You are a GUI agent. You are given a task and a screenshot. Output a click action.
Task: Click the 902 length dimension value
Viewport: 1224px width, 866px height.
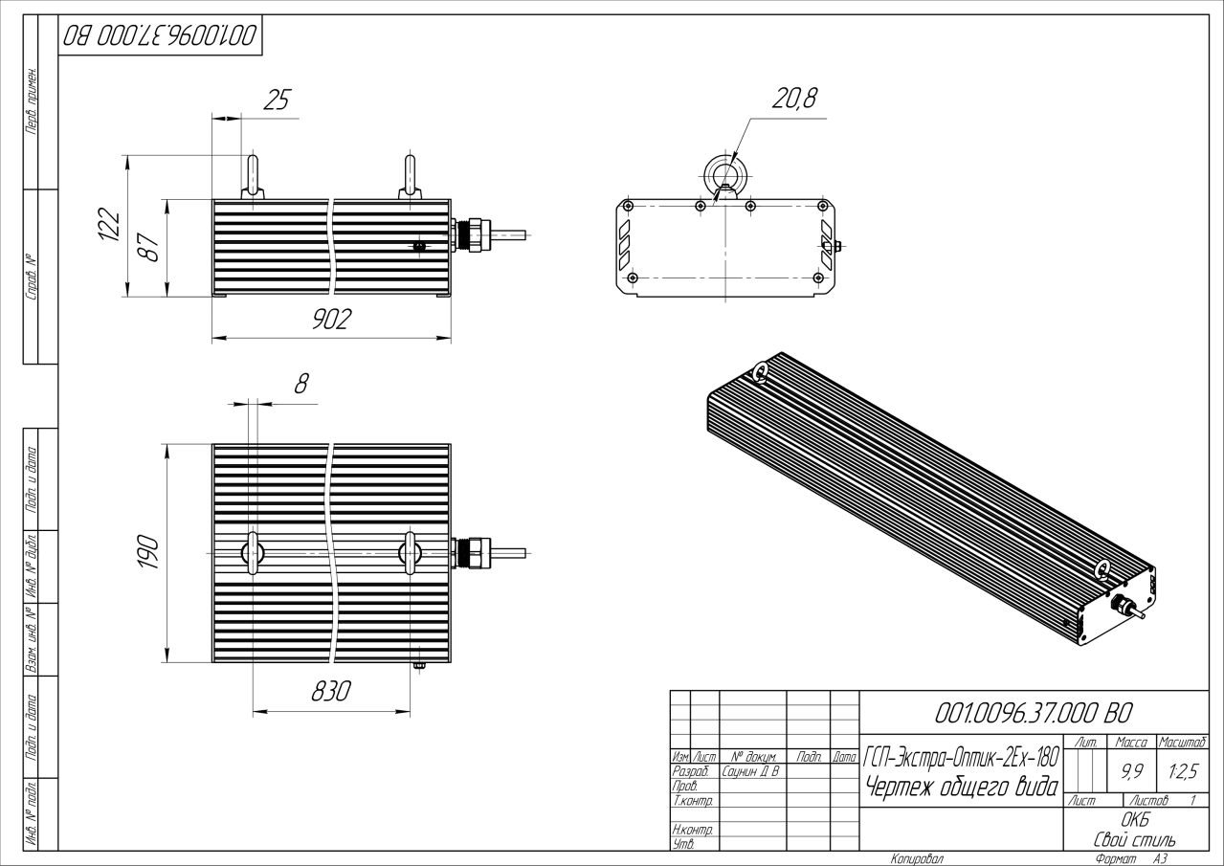[x=331, y=320]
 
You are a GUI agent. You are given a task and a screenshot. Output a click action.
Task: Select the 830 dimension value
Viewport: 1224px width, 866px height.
[x=331, y=692]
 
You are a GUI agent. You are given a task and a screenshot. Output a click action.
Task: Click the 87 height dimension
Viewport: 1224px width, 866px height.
[x=149, y=248]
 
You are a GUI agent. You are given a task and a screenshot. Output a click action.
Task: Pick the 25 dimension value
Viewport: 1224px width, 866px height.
[x=276, y=100]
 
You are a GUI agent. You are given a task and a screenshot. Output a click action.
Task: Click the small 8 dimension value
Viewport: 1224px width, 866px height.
[x=301, y=385]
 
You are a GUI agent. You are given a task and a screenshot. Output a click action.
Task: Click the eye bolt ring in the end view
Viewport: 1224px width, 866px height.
[x=724, y=173]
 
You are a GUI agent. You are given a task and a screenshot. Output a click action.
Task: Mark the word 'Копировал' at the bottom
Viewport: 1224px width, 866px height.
[x=916, y=859]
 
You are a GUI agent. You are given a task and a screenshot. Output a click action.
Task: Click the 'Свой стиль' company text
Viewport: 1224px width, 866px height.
[x=1134, y=840]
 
